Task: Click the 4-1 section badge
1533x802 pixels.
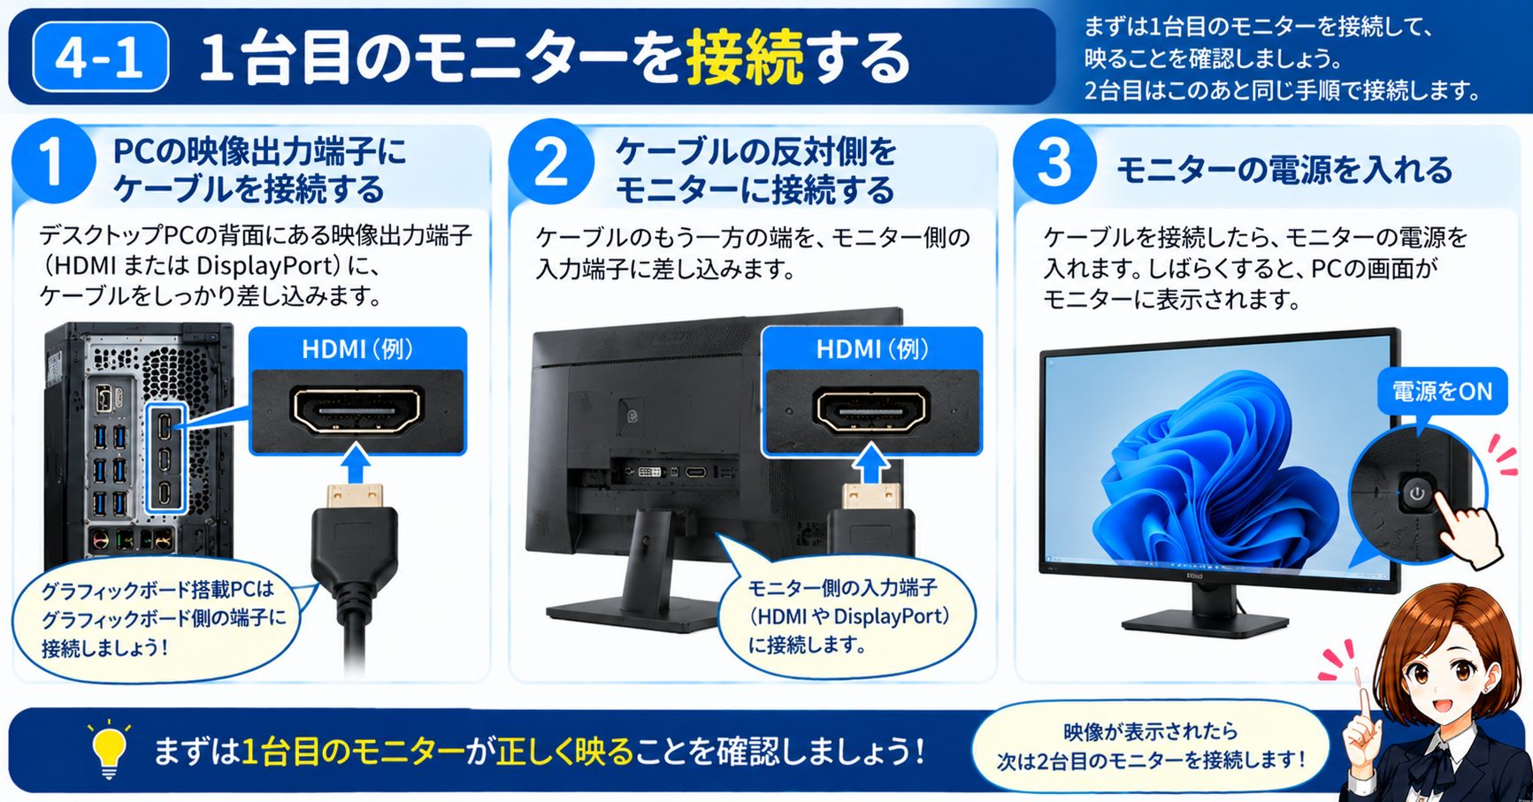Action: click(x=100, y=57)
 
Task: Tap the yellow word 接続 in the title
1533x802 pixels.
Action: click(x=745, y=57)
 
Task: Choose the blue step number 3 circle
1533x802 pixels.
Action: click(x=1054, y=163)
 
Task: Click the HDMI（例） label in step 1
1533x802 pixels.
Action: click(x=357, y=349)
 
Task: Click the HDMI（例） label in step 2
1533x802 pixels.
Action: click(x=872, y=349)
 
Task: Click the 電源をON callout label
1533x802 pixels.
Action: click(x=1442, y=391)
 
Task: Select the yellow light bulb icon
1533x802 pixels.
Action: click(x=109, y=751)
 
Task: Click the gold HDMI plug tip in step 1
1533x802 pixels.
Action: click(x=355, y=496)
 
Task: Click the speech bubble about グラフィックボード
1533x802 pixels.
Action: click(x=157, y=619)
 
